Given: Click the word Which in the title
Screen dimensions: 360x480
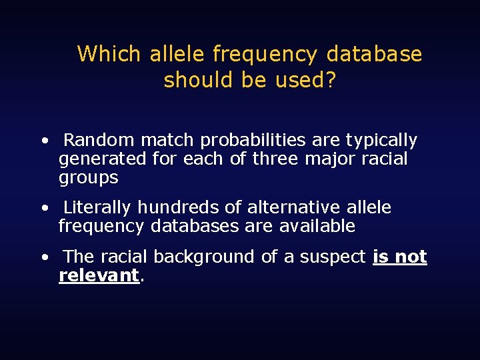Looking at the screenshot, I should pyautogui.click(x=109, y=53).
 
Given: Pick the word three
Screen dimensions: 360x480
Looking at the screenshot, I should pyautogui.click(x=276, y=159).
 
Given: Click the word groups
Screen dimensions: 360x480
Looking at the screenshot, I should pyautogui.click(x=89, y=179).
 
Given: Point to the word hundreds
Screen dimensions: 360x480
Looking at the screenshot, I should pyautogui.click(x=175, y=208).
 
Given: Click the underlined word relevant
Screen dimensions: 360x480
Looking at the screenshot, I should pyautogui.click(x=99, y=275).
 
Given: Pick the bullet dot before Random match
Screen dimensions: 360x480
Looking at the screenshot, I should pyautogui.click(x=43, y=141).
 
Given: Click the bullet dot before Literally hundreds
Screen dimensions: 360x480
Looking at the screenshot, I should pyautogui.click(x=43, y=209).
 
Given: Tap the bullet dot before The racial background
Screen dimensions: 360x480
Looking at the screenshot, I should pyautogui.click(x=43, y=257).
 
